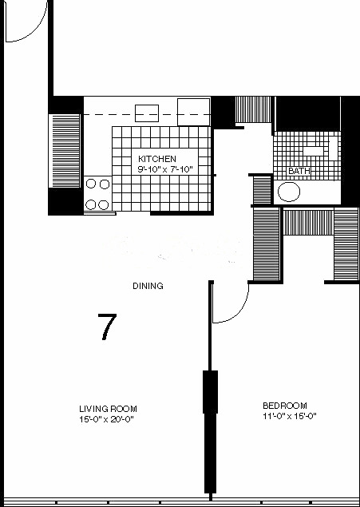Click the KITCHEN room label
pyautogui.click(x=157, y=159)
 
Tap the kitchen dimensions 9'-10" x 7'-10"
pyautogui.click(x=165, y=169)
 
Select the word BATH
pyautogui.click(x=299, y=171)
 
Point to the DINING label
pyautogui.click(x=148, y=286)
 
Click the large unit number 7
pyautogui.click(x=107, y=327)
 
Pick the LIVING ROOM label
pyautogui.click(x=108, y=409)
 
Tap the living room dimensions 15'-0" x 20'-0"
pyautogui.click(x=106, y=419)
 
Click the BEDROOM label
pyautogui.click(x=285, y=406)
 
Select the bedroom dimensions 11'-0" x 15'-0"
pyautogui.click(x=290, y=416)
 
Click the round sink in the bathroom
pyautogui.click(x=289, y=192)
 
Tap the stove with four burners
pyautogui.click(x=98, y=194)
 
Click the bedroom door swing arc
pyautogui.click(x=239, y=312)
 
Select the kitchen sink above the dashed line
pyautogui.click(x=147, y=113)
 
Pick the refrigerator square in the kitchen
pyautogui.click(x=194, y=112)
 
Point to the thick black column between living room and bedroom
pyautogui.click(x=210, y=391)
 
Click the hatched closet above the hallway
pyautogui.click(x=253, y=109)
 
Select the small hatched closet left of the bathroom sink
pyautogui.click(x=262, y=190)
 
